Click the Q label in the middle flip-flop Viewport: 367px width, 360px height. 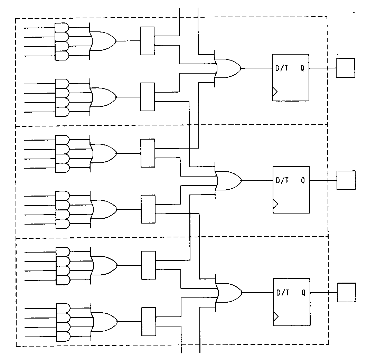303,180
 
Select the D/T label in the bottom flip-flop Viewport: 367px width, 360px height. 283,293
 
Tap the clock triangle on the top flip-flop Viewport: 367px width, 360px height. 275,92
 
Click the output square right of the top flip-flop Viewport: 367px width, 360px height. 345,68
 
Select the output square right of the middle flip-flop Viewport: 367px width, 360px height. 346,180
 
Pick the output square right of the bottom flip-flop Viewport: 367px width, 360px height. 346,292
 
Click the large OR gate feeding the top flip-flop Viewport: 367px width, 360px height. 228,68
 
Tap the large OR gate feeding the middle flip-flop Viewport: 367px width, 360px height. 229,180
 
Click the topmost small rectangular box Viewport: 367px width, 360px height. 147,41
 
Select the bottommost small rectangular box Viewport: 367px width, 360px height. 149,322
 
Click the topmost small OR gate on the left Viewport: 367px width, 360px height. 104,41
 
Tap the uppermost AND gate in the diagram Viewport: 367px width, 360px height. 62,27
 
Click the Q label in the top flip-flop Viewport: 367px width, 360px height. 302,68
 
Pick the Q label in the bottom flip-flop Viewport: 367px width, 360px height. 303,293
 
